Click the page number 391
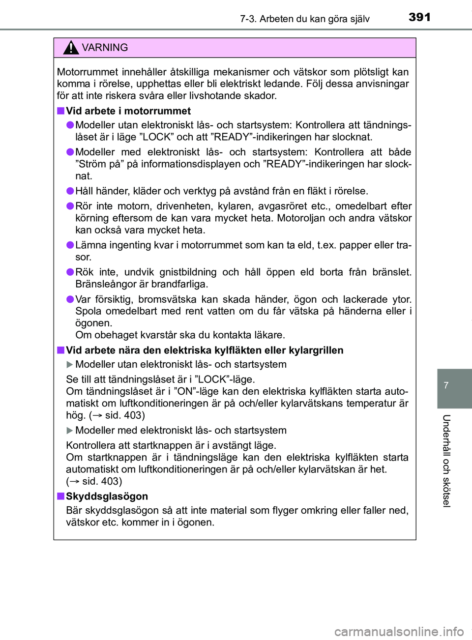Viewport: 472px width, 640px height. (x=419, y=17)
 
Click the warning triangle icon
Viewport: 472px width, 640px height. (x=71, y=48)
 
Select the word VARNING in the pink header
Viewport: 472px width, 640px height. (x=105, y=48)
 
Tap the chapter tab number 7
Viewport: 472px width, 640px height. (x=446, y=385)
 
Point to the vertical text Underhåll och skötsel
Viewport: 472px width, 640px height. (x=446, y=461)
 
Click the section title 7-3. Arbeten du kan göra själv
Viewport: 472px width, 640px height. (x=304, y=19)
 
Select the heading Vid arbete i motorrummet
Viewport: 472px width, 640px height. (x=128, y=111)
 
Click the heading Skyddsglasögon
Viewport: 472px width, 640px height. (x=107, y=496)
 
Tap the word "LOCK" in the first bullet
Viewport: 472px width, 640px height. (x=158, y=137)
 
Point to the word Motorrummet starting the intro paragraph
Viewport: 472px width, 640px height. (x=88, y=72)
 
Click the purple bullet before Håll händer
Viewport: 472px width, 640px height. (x=70, y=191)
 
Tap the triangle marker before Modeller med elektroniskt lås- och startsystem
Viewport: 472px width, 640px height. (x=69, y=431)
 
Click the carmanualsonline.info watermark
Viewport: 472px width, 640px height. (x=399, y=631)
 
